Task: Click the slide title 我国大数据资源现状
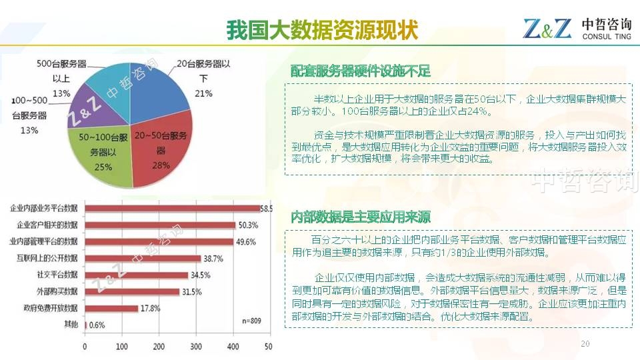[x=321, y=30]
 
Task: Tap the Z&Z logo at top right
[x=547, y=29]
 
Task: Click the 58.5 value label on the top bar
[x=266, y=209]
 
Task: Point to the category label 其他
[x=71, y=325]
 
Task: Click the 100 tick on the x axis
[x=121, y=347]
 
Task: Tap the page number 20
[x=585, y=343]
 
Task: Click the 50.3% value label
[x=247, y=225]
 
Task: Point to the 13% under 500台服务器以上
[x=61, y=93]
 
